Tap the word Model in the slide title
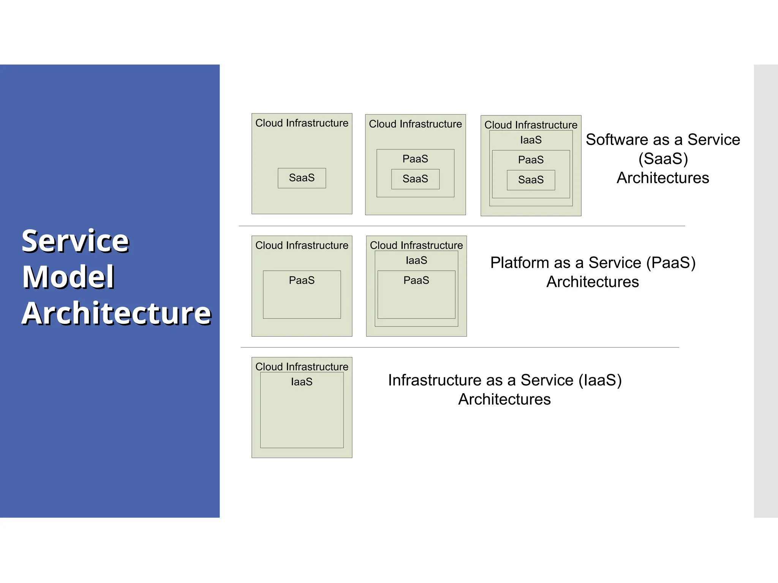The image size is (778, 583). pyautogui.click(x=68, y=277)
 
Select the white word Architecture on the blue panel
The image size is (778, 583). pyautogui.click(x=116, y=314)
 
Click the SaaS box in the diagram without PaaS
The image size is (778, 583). pyautogui.click(x=302, y=178)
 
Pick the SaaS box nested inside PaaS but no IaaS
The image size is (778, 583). pyautogui.click(x=415, y=179)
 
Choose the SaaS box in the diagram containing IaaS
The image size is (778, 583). pyautogui.click(x=531, y=180)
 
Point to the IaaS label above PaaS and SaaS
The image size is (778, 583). pyautogui.click(x=531, y=140)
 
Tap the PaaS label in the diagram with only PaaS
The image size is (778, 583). pyautogui.click(x=302, y=280)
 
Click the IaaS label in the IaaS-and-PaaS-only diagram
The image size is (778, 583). pyautogui.click(x=416, y=260)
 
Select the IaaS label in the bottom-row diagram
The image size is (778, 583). pyautogui.click(x=302, y=382)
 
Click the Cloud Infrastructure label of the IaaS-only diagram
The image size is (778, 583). pyautogui.click(x=302, y=367)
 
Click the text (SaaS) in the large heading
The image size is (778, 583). pyautogui.click(x=663, y=159)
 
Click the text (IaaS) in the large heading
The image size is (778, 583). pyautogui.click(x=600, y=380)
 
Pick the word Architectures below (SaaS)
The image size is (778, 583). pyautogui.click(x=663, y=178)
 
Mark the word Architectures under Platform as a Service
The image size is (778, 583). pyautogui.click(x=593, y=282)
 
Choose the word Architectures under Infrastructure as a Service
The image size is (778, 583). pyautogui.click(x=504, y=399)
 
